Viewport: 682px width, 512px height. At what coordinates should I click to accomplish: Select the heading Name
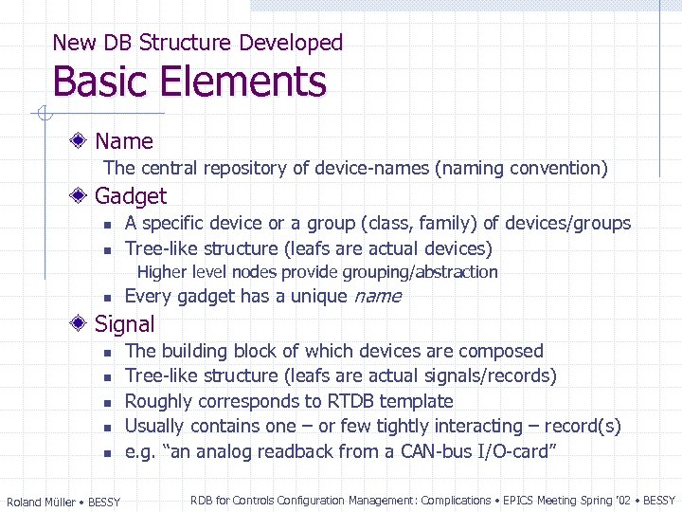pos(124,141)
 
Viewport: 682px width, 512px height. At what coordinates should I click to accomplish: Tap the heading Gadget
pos(131,196)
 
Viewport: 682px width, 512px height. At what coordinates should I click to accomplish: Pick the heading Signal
pos(124,324)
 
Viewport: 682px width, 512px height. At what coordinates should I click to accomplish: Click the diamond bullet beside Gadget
pos(83,196)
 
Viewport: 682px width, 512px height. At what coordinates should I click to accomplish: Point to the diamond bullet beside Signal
pos(83,323)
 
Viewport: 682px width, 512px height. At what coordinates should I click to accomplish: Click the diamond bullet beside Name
pos(83,141)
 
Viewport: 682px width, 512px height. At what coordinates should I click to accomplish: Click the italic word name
pos(377,297)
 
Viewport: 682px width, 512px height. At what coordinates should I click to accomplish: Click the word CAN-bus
pos(440,451)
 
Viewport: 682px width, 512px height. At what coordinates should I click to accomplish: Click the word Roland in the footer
pos(25,502)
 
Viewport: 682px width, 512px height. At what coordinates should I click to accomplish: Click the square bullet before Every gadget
pos(108,298)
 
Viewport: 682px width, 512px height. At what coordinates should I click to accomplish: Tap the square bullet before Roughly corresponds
pos(108,402)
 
